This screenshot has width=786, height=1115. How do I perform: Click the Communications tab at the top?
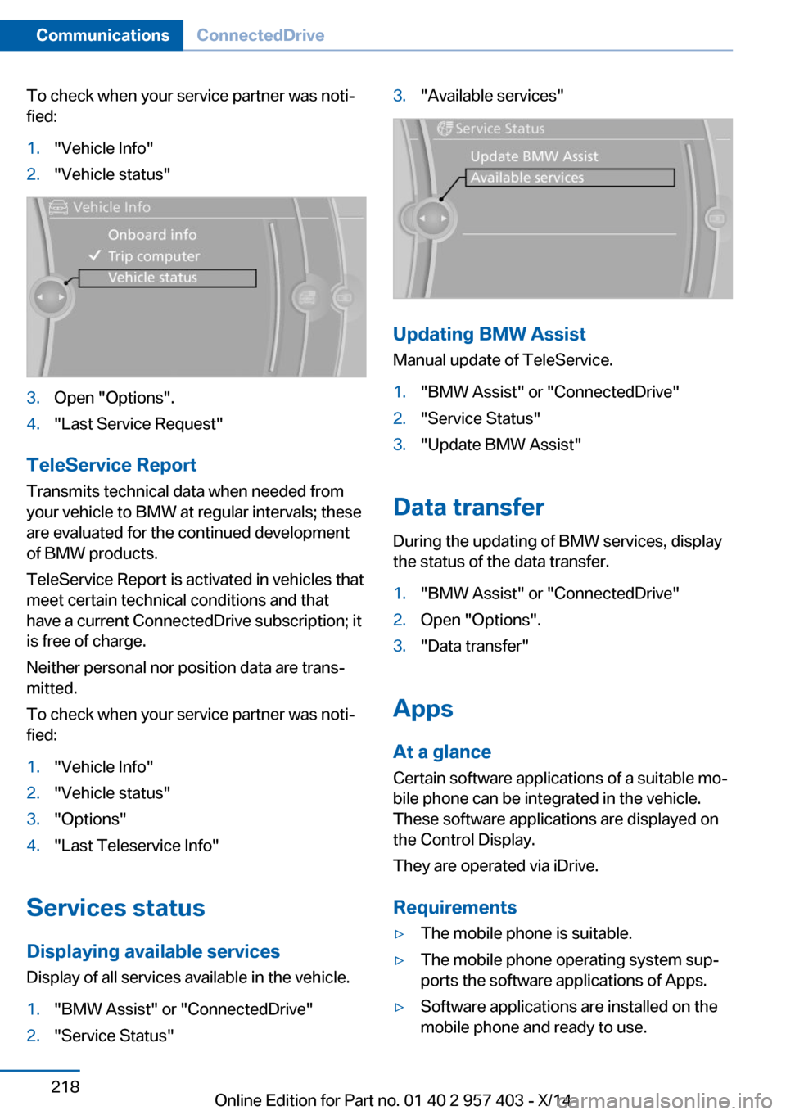(102, 35)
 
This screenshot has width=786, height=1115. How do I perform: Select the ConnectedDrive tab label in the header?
(260, 35)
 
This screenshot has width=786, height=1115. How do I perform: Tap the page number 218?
(65, 1086)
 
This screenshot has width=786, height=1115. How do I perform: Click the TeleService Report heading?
(111, 465)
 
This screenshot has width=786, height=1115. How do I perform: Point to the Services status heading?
(115, 907)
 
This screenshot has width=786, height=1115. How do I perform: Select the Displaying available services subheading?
(153, 951)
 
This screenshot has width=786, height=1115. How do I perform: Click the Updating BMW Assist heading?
(489, 334)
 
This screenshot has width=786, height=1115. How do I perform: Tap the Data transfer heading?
(468, 507)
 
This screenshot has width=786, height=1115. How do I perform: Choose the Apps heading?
(422, 708)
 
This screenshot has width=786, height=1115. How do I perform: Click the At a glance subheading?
(442, 752)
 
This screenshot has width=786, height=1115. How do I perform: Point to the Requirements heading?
(454, 907)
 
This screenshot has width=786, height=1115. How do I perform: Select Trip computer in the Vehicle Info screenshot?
(154, 256)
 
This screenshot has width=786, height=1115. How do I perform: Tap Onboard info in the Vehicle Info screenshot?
(152, 235)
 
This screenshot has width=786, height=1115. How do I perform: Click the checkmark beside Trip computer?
(95, 255)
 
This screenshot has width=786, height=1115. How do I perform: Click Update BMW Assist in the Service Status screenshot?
(534, 156)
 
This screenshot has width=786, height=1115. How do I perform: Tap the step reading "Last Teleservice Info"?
(136, 845)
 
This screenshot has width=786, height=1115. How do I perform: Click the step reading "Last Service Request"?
(138, 423)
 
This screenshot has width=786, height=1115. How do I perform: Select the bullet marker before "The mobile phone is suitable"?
(400, 934)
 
